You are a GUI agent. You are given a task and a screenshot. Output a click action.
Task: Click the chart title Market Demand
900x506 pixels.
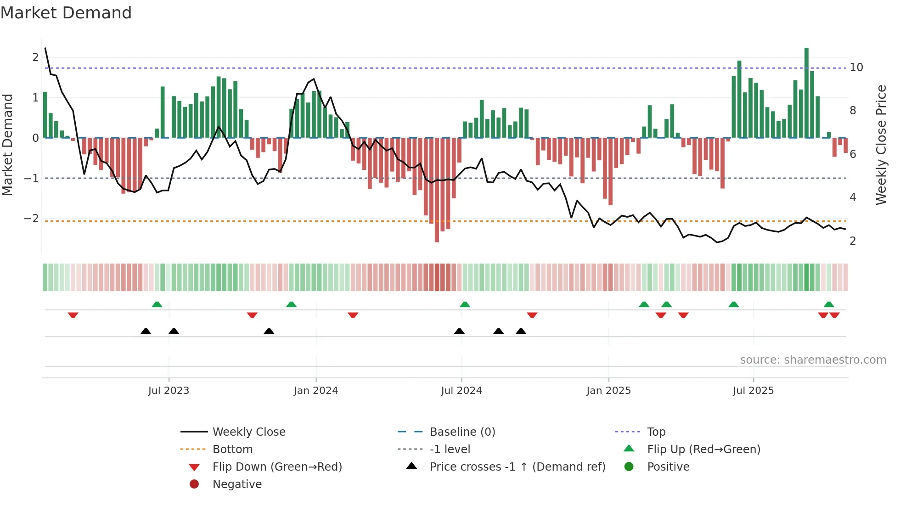pos(66,13)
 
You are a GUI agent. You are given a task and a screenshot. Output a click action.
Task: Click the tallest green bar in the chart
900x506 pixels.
pos(806,92)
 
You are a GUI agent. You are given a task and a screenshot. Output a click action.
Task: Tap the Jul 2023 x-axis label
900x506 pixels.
pos(169,391)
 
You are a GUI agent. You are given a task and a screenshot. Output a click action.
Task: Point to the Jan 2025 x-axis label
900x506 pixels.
pos(608,391)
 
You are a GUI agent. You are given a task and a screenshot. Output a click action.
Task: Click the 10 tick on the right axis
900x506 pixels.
pos(856,67)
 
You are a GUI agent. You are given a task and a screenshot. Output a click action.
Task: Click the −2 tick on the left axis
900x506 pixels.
pos(31,219)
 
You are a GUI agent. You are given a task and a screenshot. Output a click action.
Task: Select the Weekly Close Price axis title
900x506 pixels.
pos(881,145)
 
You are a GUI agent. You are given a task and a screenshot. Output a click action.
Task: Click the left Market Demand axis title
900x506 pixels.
pos(8,145)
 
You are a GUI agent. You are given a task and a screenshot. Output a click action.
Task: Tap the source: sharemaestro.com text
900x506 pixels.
pos(813,360)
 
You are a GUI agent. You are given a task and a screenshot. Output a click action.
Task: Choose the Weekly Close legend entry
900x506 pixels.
pos(248,432)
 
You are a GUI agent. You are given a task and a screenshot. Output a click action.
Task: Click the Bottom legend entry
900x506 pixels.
pos(232,450)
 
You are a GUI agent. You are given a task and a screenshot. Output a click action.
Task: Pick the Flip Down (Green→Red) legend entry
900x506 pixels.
pos(277,467)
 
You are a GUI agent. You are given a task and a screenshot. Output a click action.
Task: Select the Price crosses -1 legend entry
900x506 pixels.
pos(517,467)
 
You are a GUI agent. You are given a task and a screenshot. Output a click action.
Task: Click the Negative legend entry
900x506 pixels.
pos(237,484)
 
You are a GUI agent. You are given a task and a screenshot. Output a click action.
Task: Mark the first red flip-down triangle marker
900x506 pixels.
pos(73,315)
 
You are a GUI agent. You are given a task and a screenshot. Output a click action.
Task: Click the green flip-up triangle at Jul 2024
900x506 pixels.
pos(465,304)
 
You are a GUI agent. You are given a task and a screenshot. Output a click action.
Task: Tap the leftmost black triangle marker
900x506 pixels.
pos(146,331)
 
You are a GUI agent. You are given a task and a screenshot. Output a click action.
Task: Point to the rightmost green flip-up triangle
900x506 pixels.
pos(829,304)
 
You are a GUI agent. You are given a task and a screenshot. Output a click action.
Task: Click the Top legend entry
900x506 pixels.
pos(656,432)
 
